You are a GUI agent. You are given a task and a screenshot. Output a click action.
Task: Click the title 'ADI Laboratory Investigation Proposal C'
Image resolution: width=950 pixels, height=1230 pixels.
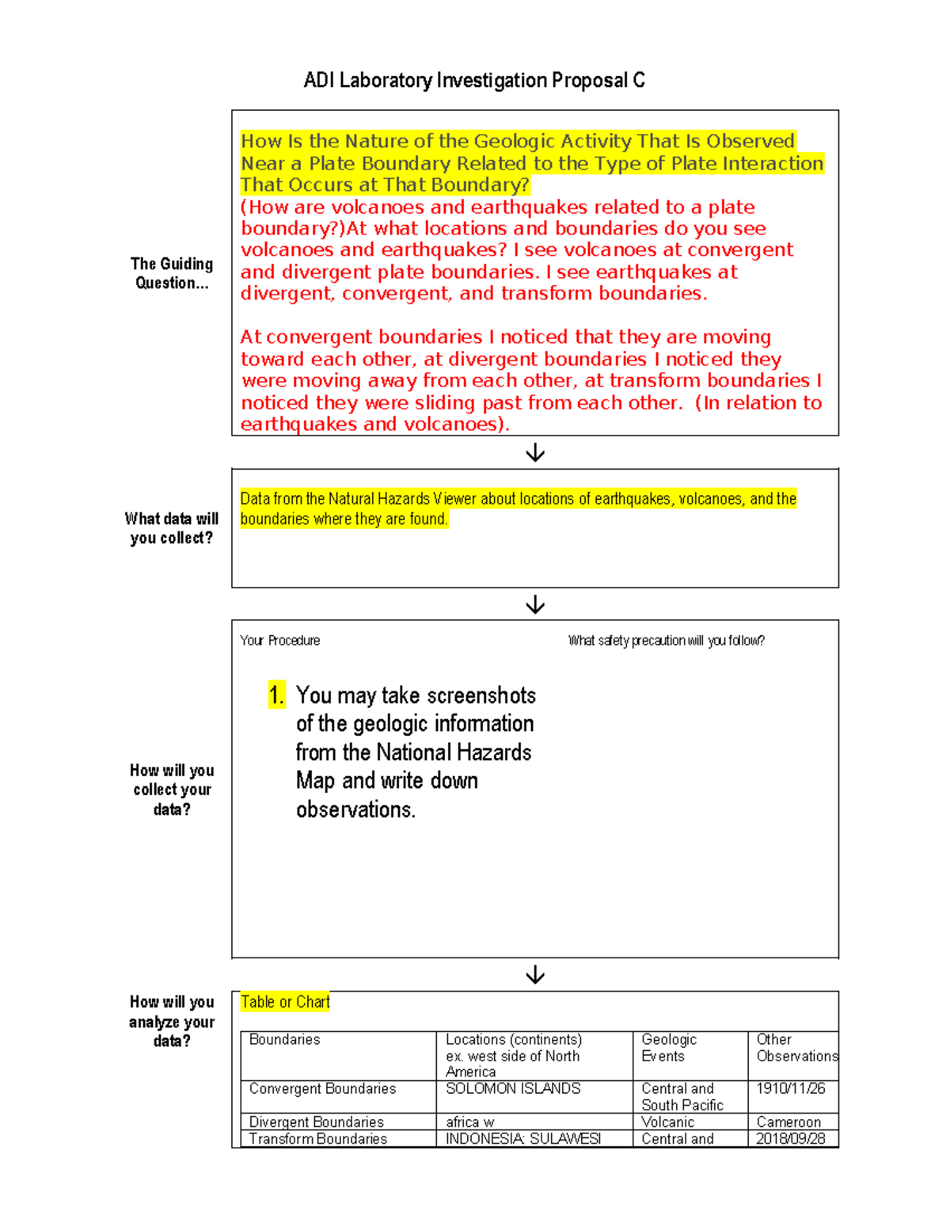pos(474,81)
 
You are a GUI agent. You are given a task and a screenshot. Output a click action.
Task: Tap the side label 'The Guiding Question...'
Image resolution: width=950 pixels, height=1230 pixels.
pos(172,273)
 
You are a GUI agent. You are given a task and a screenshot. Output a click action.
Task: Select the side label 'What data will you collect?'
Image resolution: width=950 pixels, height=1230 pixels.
pos(172,528)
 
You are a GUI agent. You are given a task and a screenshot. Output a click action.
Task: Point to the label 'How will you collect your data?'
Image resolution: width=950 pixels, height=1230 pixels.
pos(172,790)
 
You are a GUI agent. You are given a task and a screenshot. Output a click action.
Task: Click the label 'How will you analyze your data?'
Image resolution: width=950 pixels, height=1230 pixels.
pos(172,1022)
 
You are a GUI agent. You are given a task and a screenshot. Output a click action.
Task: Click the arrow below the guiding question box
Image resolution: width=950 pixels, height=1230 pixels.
pos(535,452)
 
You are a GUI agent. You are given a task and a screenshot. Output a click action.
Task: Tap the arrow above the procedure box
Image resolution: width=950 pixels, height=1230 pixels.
pos(535,604)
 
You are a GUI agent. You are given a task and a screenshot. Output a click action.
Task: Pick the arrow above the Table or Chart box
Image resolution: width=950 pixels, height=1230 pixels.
pos(535,974)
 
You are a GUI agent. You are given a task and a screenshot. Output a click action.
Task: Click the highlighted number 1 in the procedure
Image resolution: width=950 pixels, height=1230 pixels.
pos(275,695)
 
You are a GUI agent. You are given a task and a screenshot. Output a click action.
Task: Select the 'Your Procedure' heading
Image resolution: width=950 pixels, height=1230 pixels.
pos(280,641)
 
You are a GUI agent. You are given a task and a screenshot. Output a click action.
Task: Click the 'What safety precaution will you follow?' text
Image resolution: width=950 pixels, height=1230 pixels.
pos(666,641)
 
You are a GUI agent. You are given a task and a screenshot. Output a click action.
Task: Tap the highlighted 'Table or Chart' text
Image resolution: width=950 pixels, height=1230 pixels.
pos(285,1002)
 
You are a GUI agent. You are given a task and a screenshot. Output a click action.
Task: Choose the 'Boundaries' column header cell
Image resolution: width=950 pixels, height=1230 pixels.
pos(285,1040)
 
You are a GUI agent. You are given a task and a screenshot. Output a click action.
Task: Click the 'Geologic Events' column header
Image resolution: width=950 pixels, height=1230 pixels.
pos(669,1048)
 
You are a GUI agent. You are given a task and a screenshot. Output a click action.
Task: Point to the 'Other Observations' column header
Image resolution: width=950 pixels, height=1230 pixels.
pos(796,1048)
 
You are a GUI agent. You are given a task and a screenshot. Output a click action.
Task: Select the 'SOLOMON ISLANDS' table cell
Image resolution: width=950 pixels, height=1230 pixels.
pos(513,1089)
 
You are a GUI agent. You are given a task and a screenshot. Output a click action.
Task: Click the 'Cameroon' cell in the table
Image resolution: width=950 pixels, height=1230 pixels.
pos(788,1122)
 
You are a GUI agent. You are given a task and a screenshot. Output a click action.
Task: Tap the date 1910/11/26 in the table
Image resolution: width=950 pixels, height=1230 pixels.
pos(790,1089)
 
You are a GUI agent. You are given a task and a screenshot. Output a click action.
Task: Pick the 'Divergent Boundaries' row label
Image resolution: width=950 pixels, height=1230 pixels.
pos(317,1122)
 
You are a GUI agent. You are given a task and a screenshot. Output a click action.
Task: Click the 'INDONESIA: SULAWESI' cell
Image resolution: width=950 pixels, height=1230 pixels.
pos(523,1139)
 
